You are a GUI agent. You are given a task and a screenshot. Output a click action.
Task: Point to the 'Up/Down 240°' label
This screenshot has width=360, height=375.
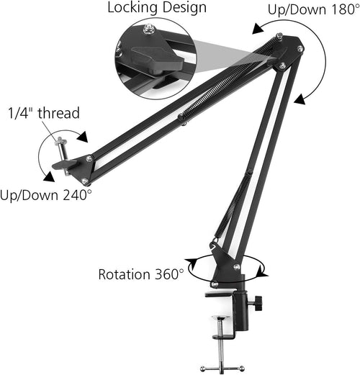click(46, 194)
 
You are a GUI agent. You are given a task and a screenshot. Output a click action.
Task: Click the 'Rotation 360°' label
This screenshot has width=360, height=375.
click(140, 274)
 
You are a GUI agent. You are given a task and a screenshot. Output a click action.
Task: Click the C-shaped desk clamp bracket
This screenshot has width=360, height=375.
click(232, 310)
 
